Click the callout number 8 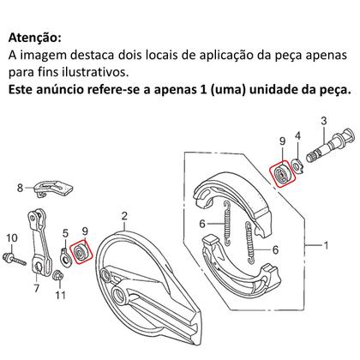pyautogui.click(x=18, y=186)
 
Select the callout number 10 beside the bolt pyautogui.click(x=11, y=237)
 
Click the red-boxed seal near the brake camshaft pyautogui.click(x=282, y=175)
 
